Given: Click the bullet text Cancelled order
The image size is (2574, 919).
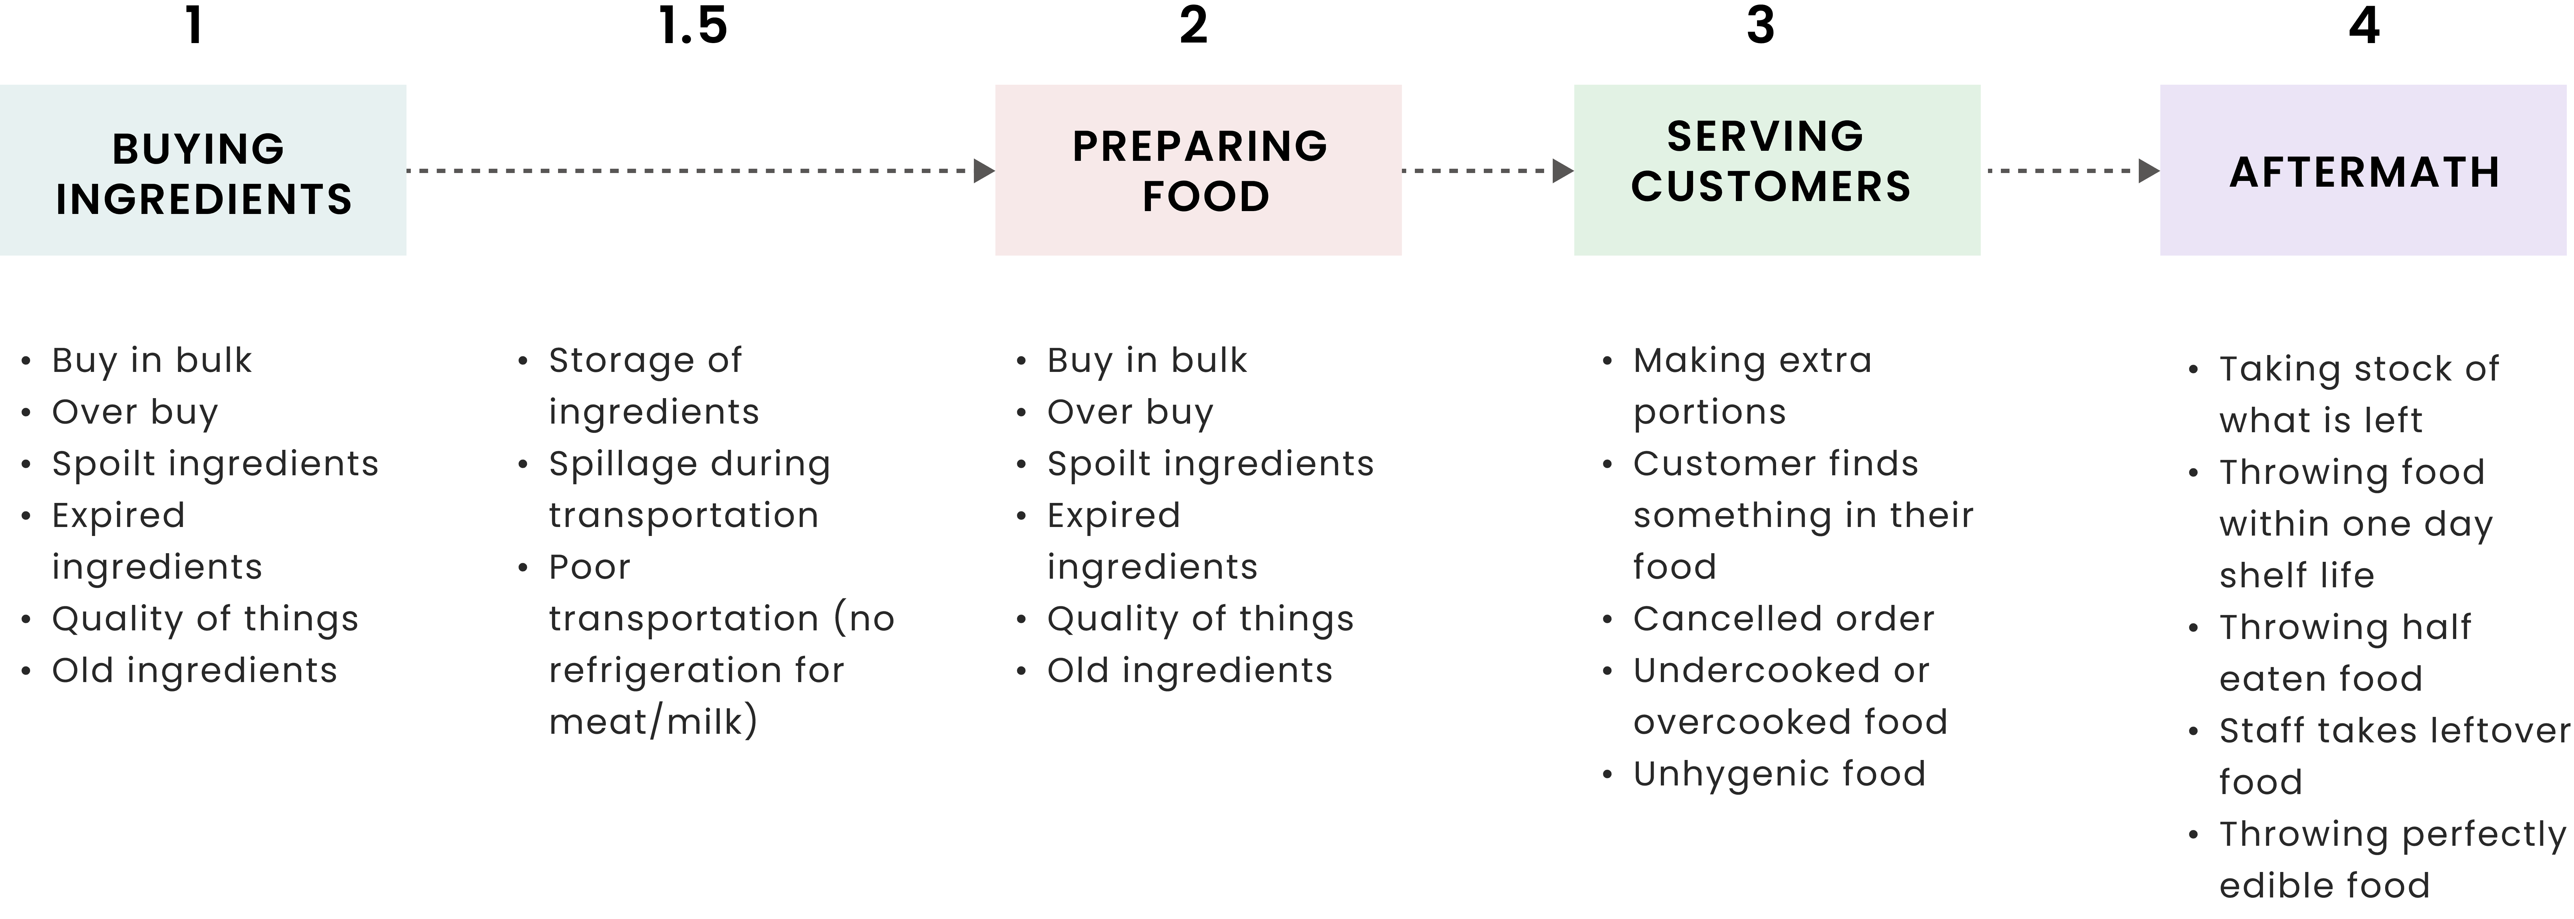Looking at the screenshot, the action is click(x=1784, y=619).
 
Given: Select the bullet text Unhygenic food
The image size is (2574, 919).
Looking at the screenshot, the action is click(x=1779, y=774).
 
